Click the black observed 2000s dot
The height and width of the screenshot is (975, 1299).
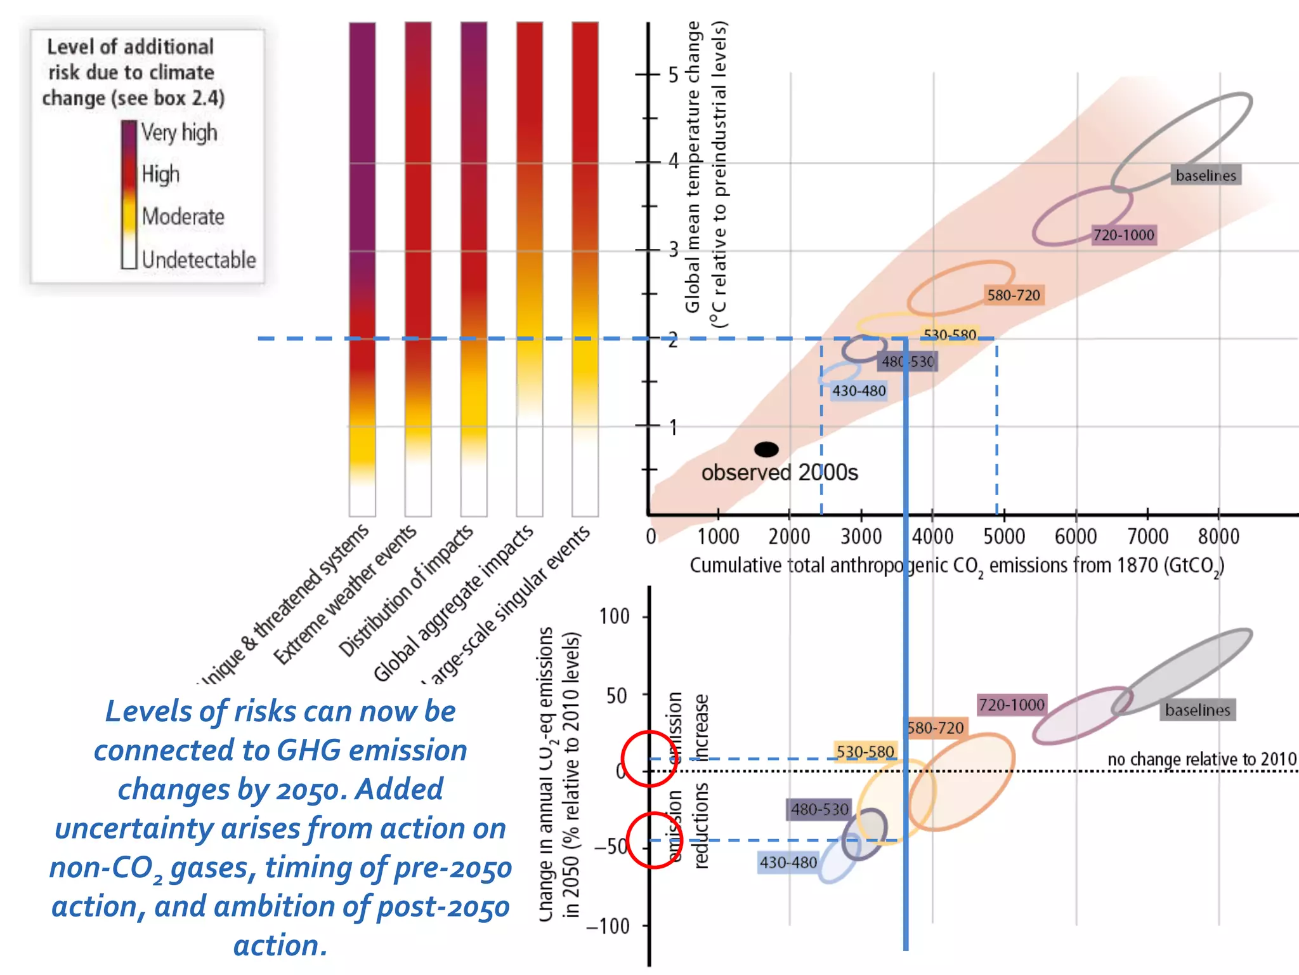[766, 449]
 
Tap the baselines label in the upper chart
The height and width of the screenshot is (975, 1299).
[1206, 175]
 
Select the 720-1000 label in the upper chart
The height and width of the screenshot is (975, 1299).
[1123, 235]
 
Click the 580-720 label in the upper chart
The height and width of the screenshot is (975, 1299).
[1013, 295]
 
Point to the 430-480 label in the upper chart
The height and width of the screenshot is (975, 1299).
[859, 391]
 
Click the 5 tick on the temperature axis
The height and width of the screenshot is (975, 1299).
[672, 75]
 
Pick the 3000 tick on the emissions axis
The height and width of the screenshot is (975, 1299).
[861, 536]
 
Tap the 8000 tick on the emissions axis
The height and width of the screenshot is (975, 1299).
[1218, 536]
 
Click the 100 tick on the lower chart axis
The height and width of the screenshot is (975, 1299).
[614, 616]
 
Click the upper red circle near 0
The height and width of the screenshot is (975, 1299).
[650, 759]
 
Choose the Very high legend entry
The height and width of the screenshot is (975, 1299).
[179, 133]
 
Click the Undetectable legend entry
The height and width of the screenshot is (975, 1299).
[199, 260]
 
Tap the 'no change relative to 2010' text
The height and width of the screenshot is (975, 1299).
[1201, 759]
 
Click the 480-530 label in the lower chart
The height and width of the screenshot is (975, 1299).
[819, 809]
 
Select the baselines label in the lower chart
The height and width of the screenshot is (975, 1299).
[1197, 710]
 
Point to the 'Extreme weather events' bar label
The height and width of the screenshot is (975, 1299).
[344, 595]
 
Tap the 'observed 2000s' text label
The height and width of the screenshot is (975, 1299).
[780, 473]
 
